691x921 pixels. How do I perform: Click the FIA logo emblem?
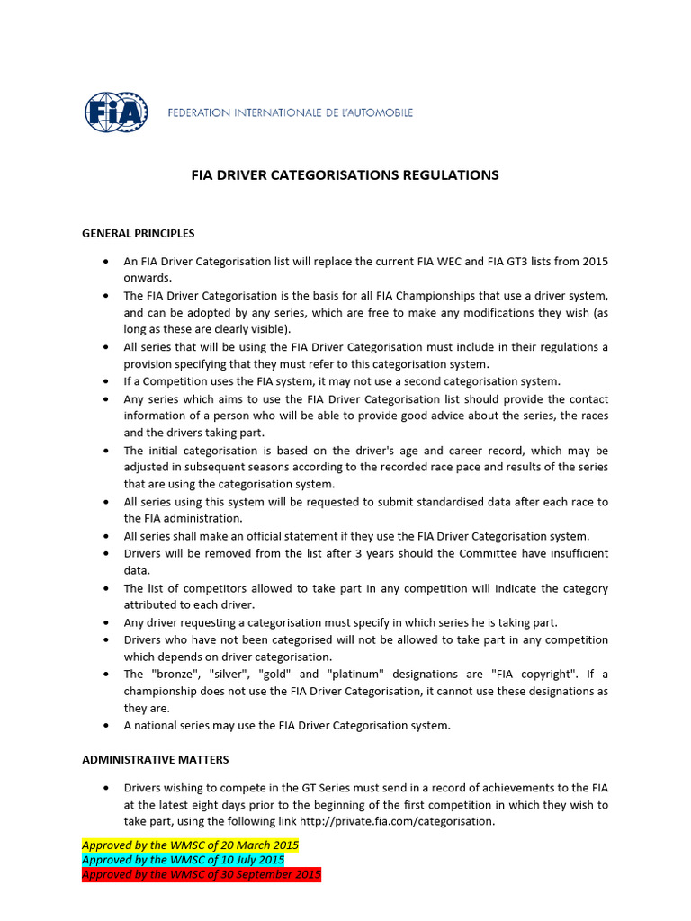tap(116, 112)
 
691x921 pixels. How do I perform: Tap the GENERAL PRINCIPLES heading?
tap(138, 233)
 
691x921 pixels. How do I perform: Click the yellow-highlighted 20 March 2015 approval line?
tap(190, 845)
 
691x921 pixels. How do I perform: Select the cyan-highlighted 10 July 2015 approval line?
tap(183, 860)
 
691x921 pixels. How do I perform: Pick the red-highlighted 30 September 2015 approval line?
tap(201, 874)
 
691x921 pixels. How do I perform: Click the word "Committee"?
tap(477, 553)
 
